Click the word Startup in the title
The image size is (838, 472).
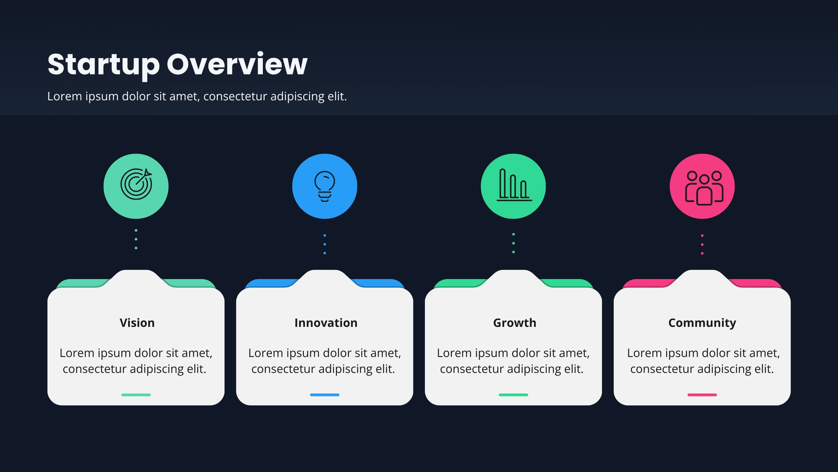(104, 65)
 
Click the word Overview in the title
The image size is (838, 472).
(237, 64)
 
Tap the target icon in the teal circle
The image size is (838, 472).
(136, 184)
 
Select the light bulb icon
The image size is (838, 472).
(325, 186)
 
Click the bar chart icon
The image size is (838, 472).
(514, 185)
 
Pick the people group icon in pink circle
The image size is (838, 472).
(704, 188)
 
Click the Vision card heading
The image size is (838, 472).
(137, 323)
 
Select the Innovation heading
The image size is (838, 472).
(326, 323)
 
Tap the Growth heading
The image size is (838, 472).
(514, 323)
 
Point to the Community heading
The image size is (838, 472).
(702, 323)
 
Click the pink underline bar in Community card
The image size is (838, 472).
(702, 395)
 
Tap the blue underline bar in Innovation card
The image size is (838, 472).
(325, 395)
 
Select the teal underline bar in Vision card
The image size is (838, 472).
(136, 395)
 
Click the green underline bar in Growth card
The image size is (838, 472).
(513, 395)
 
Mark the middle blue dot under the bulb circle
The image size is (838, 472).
(325, 244)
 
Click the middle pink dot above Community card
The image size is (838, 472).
(702, 244)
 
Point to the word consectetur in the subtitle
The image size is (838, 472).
(235, 96)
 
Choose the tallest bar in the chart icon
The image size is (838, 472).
(503, 183)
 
